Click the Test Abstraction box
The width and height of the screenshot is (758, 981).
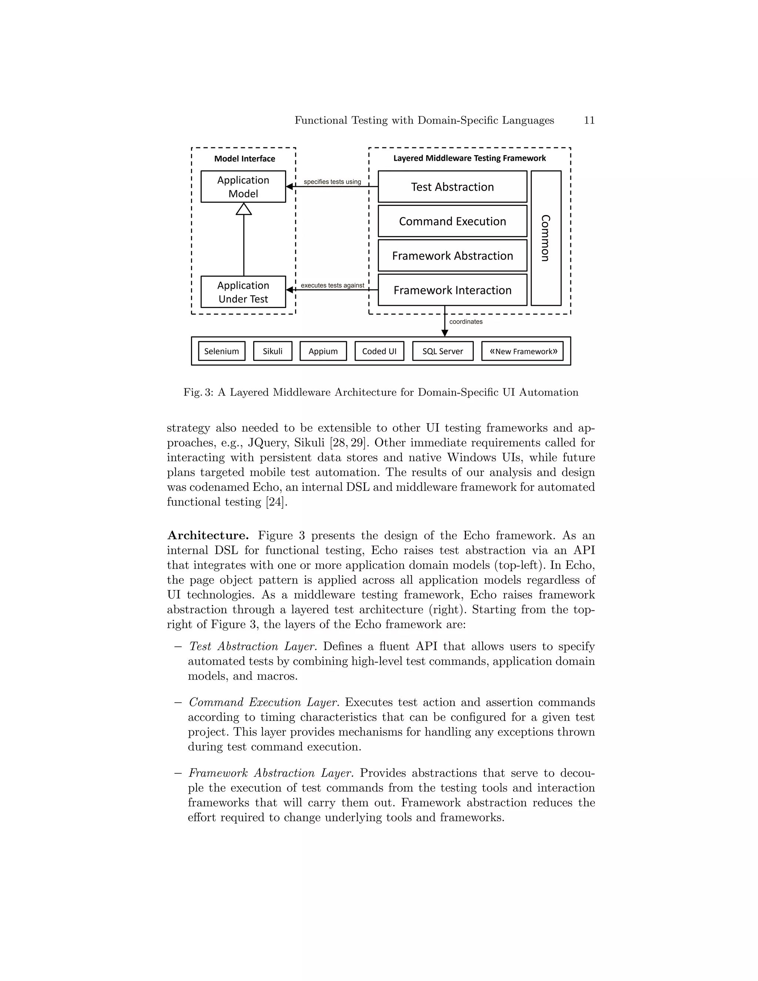(x=452, y=187)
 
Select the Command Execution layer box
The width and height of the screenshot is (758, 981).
(x=452, y=221)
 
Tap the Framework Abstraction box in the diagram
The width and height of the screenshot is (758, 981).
(x=452, y=255)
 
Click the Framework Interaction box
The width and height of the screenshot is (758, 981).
(x=452, y=290)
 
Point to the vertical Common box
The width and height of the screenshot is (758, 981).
(x=546, y=238)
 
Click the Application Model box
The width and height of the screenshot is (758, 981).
(x=243, y=187)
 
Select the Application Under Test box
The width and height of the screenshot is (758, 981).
(x=243, y=292)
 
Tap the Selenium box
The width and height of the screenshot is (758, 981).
(x=221, y=351)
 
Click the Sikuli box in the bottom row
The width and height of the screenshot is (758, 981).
(x=272, y=351)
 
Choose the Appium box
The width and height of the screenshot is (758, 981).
(x=323, y=351)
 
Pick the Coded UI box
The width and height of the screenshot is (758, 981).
(x=379, y=351)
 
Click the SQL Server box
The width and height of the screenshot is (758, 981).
(x=442, y=351)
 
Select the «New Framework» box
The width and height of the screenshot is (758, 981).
(x=522, y=351)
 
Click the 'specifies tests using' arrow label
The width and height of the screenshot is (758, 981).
(x=332, y=182)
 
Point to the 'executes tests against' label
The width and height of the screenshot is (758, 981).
(x=332, y=285)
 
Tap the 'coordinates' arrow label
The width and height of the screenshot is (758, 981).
(x=466, y=322)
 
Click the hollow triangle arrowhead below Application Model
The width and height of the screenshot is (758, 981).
(x=244, y=209)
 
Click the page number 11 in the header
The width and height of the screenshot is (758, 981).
(x=589, y=120)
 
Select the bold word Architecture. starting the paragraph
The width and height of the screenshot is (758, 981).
(x=208, y=535)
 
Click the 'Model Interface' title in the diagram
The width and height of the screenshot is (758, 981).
(x=244, y=158)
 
